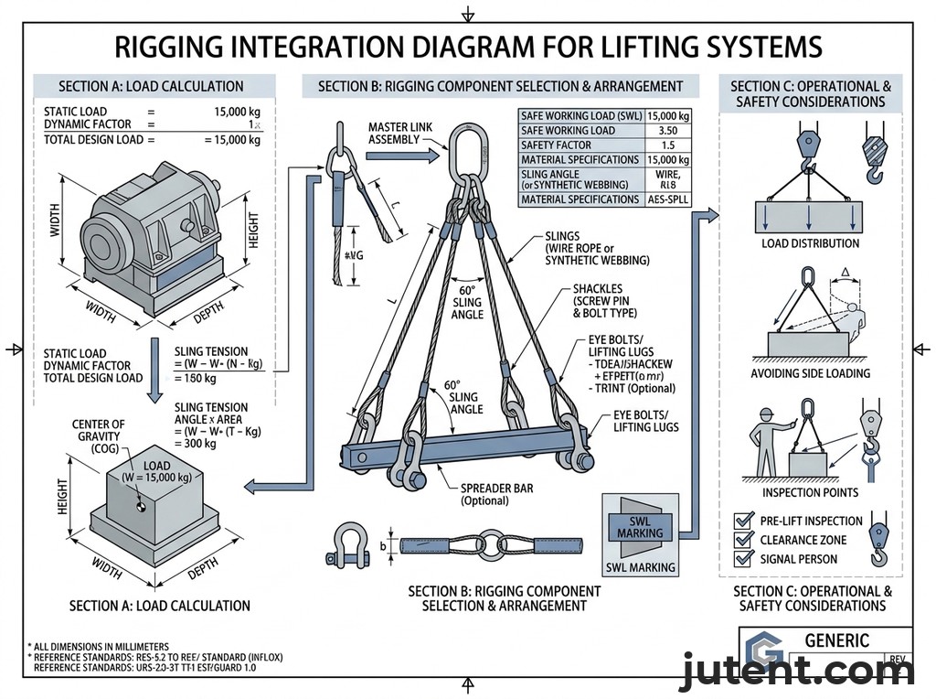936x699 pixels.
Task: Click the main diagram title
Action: (467, 48)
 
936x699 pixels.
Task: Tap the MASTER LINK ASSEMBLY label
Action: (394, 133)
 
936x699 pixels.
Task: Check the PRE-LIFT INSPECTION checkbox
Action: (743, 521)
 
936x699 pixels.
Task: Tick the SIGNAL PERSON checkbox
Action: (743, 559)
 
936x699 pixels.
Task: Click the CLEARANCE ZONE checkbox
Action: (743, 540)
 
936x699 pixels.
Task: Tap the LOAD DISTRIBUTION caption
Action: (810, 243)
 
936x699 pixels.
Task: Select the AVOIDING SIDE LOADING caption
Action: (810, 373)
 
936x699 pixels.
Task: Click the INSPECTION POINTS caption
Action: (810, 492)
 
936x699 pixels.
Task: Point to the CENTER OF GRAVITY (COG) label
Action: (99, 437)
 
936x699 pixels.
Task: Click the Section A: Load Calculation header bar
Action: (151, 87)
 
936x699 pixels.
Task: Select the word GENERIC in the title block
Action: (835, 640)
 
